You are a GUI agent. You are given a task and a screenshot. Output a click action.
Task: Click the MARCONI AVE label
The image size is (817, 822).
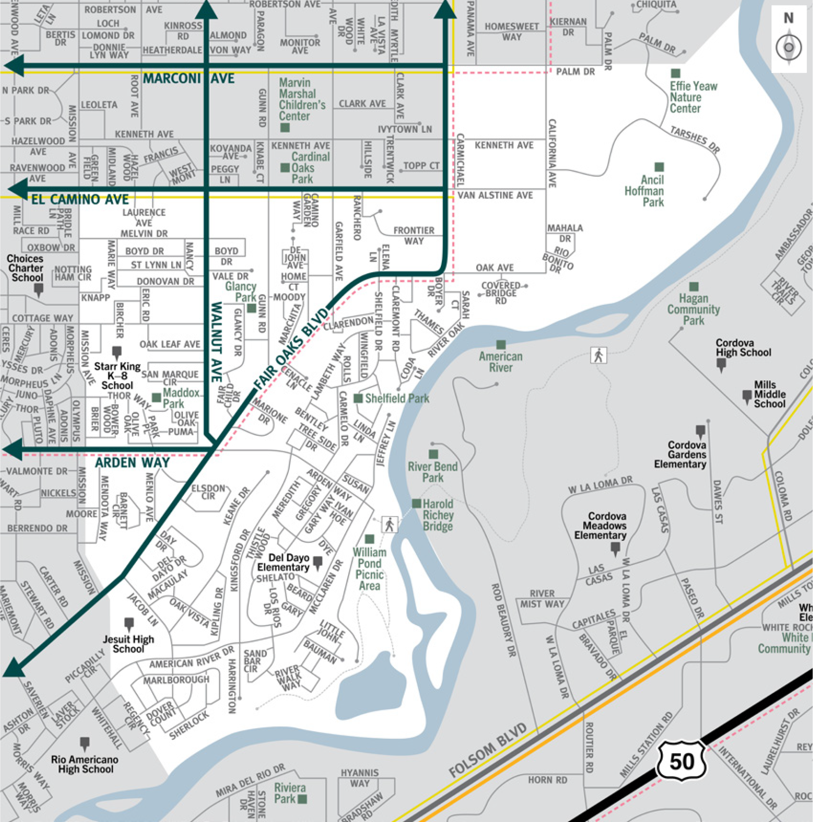point(189,79)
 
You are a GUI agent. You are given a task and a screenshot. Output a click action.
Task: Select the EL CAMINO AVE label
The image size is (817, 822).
point(80,199)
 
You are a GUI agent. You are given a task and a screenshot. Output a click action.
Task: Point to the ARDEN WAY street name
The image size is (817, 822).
point(133,462)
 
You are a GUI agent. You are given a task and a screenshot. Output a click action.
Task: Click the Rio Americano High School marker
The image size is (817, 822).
point(85,743)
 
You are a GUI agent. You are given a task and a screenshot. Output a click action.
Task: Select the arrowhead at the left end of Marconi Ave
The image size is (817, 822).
point(14,66)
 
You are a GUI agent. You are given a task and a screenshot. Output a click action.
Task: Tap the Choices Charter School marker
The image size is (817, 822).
point(39,289)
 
